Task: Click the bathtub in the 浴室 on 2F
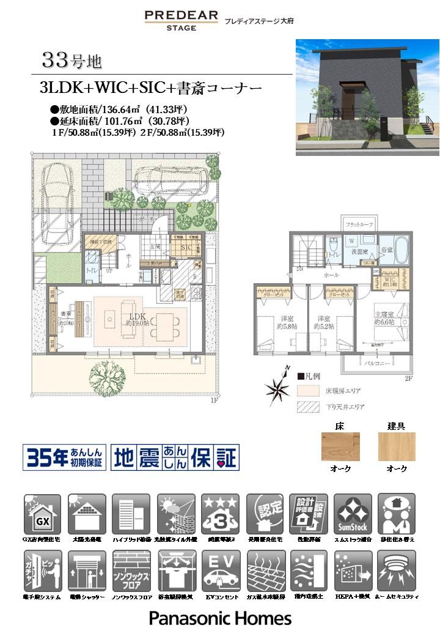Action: (x=401, y=250)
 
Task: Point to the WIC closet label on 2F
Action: (x=390, y=283)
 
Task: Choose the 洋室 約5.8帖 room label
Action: (x=286, y=322)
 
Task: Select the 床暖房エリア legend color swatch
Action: (x=304, y=390)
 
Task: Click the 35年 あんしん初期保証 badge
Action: (x=64, y=457)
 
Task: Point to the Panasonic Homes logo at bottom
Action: (x=220, y=618)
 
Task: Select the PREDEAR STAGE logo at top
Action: (x=181, y=20)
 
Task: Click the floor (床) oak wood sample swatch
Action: (x=340, y=446)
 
